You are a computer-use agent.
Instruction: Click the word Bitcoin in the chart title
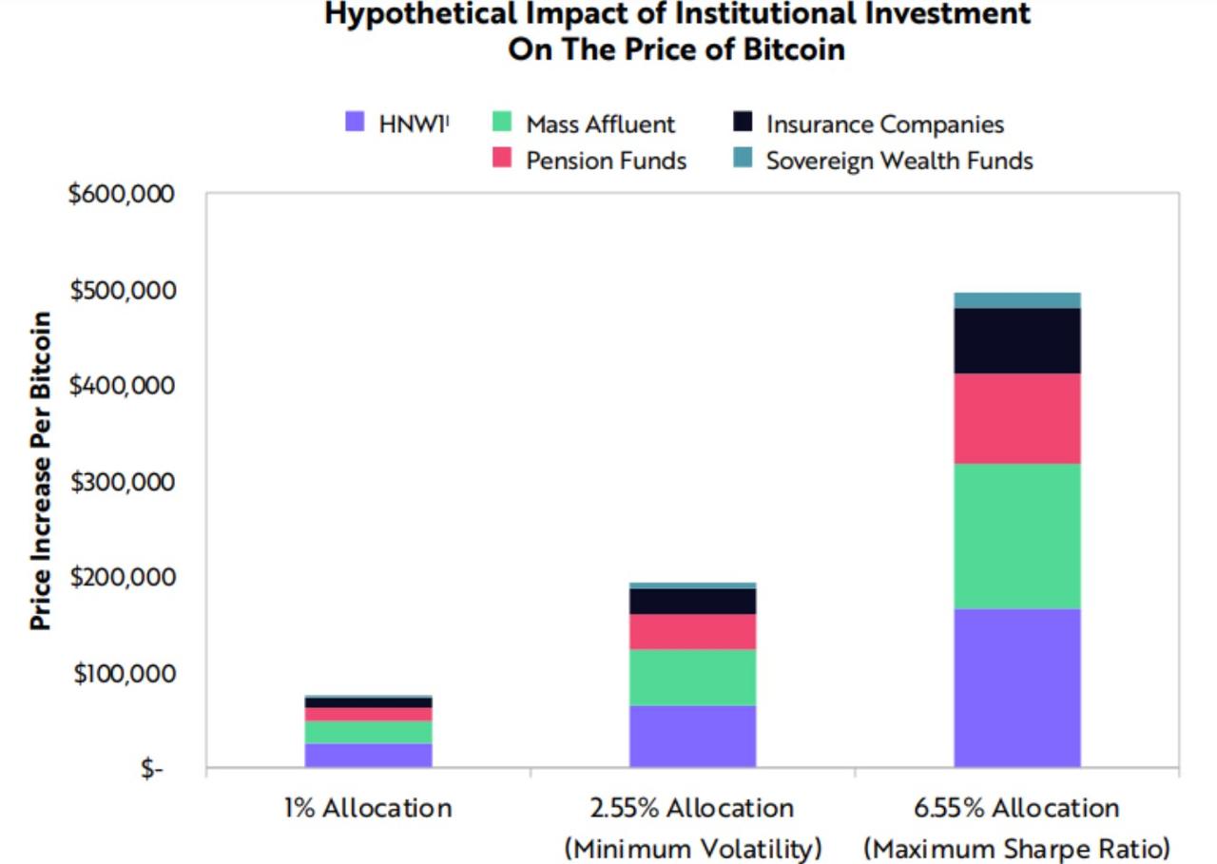(x=797, y=49)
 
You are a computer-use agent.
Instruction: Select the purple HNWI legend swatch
(x=355, y=123)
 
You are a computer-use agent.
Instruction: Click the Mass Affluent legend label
(x=600, y=125)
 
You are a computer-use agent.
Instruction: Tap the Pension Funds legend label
(x=606, y=161)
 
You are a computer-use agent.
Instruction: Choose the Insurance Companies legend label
(x=884, y=125)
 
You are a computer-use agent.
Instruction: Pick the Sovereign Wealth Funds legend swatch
(x=744, y=159)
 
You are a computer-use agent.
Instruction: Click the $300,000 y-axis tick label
(x=122, y=481)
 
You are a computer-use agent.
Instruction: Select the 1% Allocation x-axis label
(x=368, y=809)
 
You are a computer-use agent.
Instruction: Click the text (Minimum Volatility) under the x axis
(x=693, y=847)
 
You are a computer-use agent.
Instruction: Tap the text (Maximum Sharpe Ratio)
(x=1016, y=847)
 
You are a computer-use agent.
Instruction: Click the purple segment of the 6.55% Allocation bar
(x=1017, y=687)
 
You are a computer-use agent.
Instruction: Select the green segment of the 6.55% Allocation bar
(x=1017, y=536)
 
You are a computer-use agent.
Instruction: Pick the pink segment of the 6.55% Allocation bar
(x=1017, y=418)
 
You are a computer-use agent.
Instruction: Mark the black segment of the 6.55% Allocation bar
(x=1017, y=340)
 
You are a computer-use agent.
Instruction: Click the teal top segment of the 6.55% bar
(x=1017, y=300)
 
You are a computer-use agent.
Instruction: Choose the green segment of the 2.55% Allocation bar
(x=692, y=677)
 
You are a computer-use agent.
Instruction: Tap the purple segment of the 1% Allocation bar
(x=368, y=755)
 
